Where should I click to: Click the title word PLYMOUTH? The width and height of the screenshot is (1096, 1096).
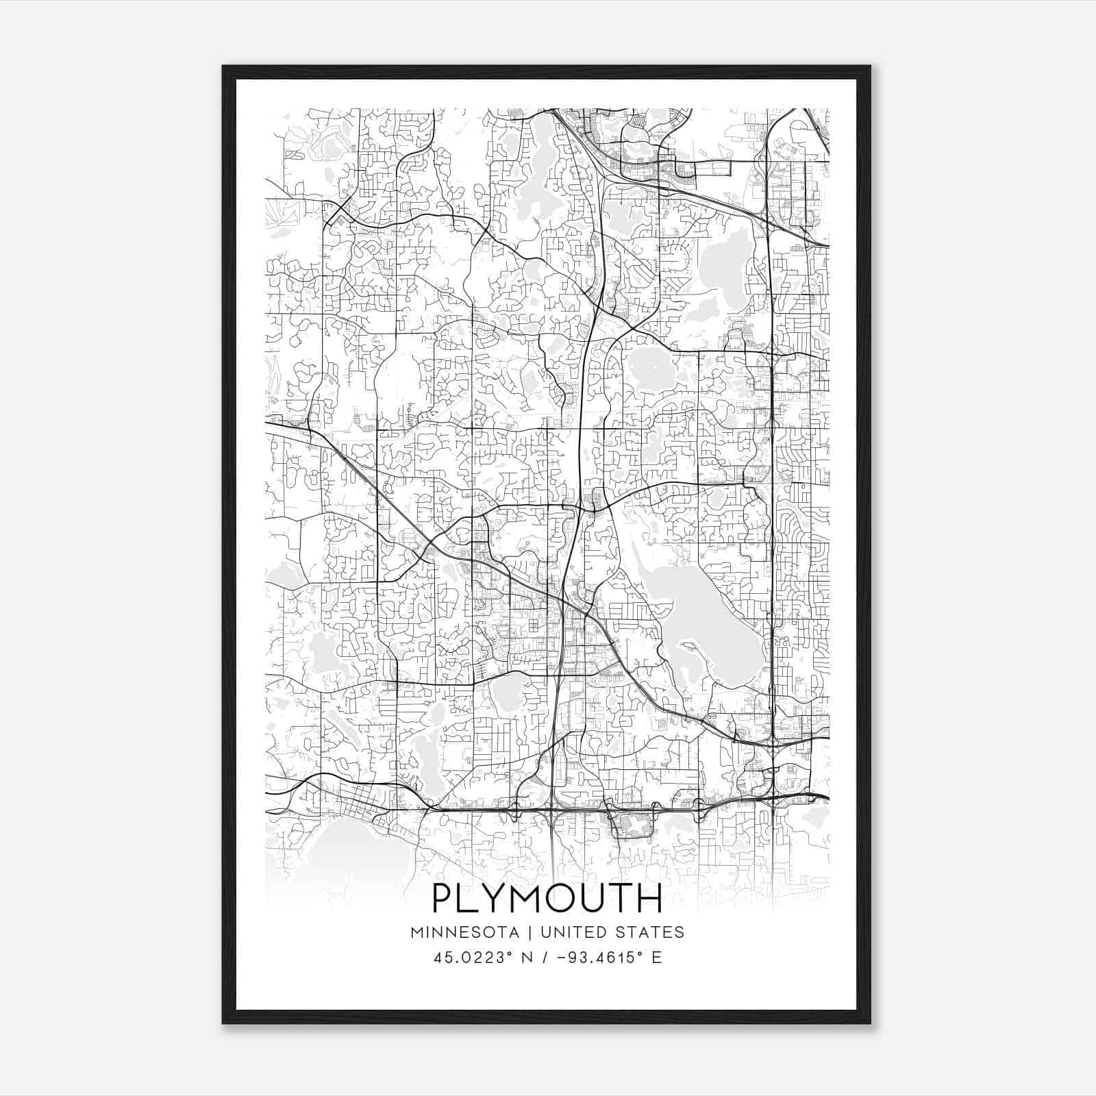click(547, 898)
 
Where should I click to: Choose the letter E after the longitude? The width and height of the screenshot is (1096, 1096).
click(657, 958)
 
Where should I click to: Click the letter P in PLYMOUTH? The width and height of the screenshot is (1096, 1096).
click(444, 898)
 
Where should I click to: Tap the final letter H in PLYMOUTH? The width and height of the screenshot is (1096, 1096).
click(650, 898)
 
